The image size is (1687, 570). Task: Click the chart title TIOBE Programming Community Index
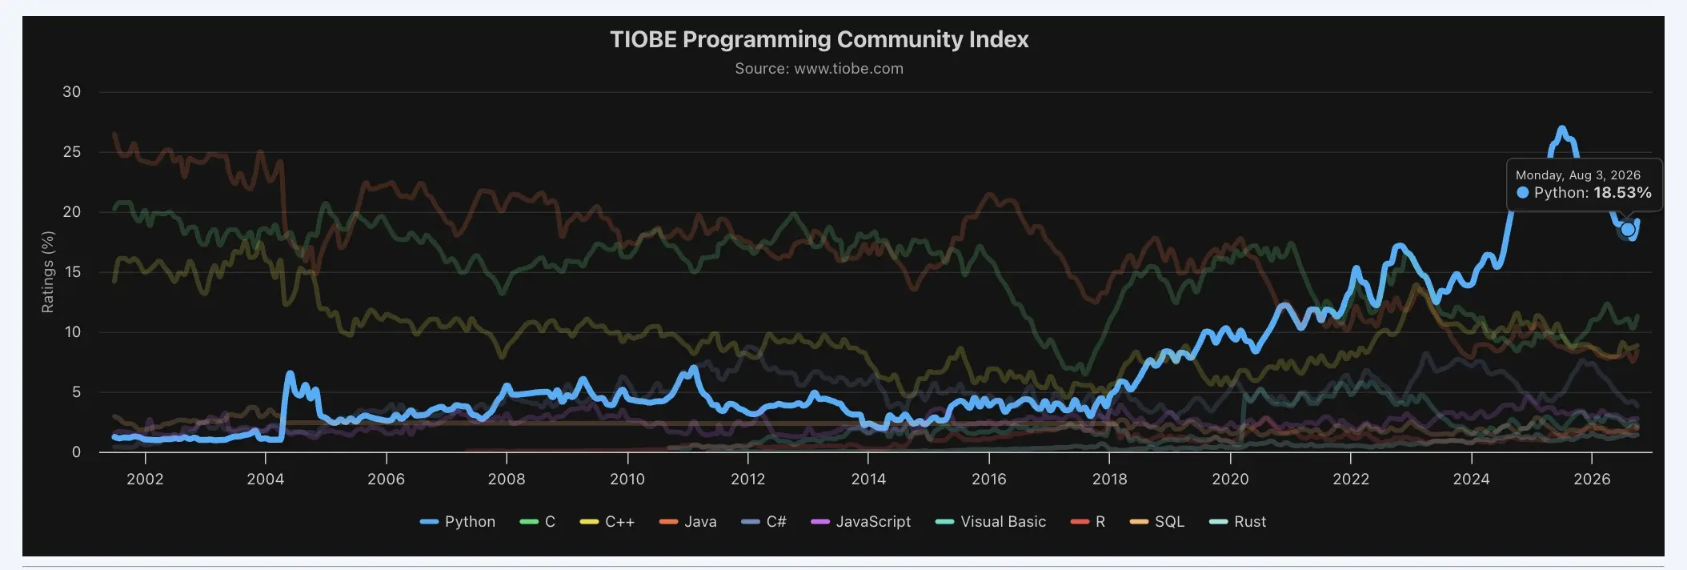819,39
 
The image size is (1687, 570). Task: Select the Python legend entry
458,522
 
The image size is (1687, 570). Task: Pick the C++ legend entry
607,522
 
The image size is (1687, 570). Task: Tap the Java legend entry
687,522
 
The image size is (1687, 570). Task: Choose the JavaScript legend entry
860,522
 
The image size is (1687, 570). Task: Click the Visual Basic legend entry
991,522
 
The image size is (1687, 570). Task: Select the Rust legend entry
1237,522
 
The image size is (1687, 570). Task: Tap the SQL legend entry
1156,522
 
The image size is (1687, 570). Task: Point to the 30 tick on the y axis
72,92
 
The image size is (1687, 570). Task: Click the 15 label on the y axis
72,272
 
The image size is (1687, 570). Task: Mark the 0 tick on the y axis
76,452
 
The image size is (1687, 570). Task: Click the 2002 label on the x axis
145,479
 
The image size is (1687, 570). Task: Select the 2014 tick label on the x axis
868,479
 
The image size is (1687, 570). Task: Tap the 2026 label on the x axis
1592,479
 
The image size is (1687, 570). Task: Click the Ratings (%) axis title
48,272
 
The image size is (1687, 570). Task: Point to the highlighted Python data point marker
1627,230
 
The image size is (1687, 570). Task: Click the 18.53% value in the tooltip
1622,193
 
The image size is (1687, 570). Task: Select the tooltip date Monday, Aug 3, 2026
1577,175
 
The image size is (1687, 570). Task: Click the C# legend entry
763,522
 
